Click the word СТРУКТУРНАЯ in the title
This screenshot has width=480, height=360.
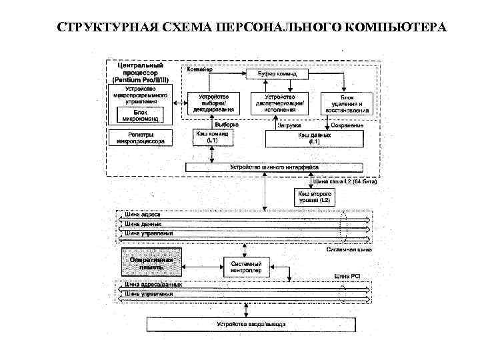(100, 27)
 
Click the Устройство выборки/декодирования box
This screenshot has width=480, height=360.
(212, 103)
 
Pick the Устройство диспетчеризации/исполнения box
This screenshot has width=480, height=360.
(281, 103)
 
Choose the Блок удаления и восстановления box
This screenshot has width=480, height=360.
(345, 104)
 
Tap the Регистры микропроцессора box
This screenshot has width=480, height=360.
(141, 137)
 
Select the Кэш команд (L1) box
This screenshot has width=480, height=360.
(212, 137)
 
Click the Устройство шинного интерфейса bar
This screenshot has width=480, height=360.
(274, 167)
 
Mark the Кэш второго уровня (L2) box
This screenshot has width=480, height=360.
(313, 197)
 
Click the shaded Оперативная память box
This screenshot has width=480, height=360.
(151, 263)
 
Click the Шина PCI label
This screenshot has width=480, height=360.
(347, 276)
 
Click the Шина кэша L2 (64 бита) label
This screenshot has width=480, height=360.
(345, 181)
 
